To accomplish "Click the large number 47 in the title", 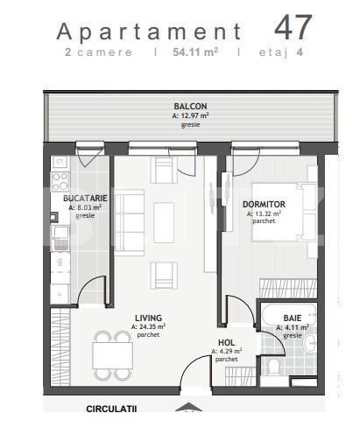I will coord(293,26).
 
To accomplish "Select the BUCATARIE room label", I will coord(85,199).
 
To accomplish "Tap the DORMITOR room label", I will coord(264,204).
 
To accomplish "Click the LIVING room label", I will coord(150,318).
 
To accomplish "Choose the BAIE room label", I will coord(292,319).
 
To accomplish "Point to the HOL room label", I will coord(226,343).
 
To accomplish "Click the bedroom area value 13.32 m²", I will coord(264,213).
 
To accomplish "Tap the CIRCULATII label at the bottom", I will coord(111,409).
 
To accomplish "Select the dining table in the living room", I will coord(113,354).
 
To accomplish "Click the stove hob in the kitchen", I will coord(60,181).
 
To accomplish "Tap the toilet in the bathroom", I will coord(272,367).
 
